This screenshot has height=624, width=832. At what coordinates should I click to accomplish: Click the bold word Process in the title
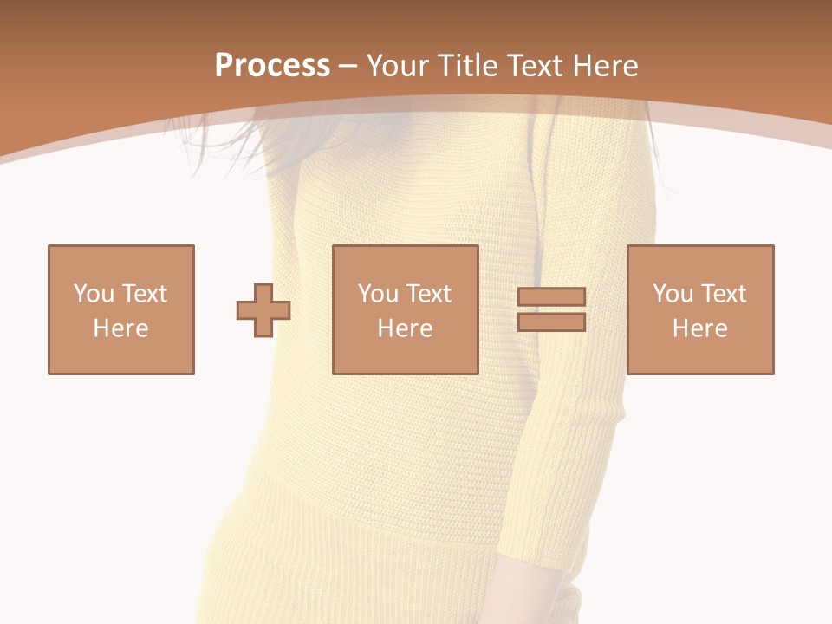(x=272, y=66)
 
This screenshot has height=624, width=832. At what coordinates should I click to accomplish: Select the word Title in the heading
(x=468, y=66)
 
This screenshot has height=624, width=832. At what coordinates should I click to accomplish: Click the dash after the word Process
(x=348, y=67)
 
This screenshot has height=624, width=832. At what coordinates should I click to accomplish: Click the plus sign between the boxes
(x=263, y=309)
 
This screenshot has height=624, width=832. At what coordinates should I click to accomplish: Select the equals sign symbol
(x=551, y=309)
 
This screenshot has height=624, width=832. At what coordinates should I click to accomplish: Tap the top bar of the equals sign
(x=551, y=297)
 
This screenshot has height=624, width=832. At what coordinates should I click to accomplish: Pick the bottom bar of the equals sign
(x=551, y=322)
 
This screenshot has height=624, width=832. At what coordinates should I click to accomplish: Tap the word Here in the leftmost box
(x=121, y=328)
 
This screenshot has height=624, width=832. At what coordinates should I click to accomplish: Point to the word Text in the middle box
(x=429, y=294)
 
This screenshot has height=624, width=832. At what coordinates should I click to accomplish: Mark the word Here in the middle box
(x=406, y=328)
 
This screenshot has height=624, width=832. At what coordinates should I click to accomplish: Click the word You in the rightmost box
(x=673, y=294)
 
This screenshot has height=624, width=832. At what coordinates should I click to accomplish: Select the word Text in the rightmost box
(x=724, y=294)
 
